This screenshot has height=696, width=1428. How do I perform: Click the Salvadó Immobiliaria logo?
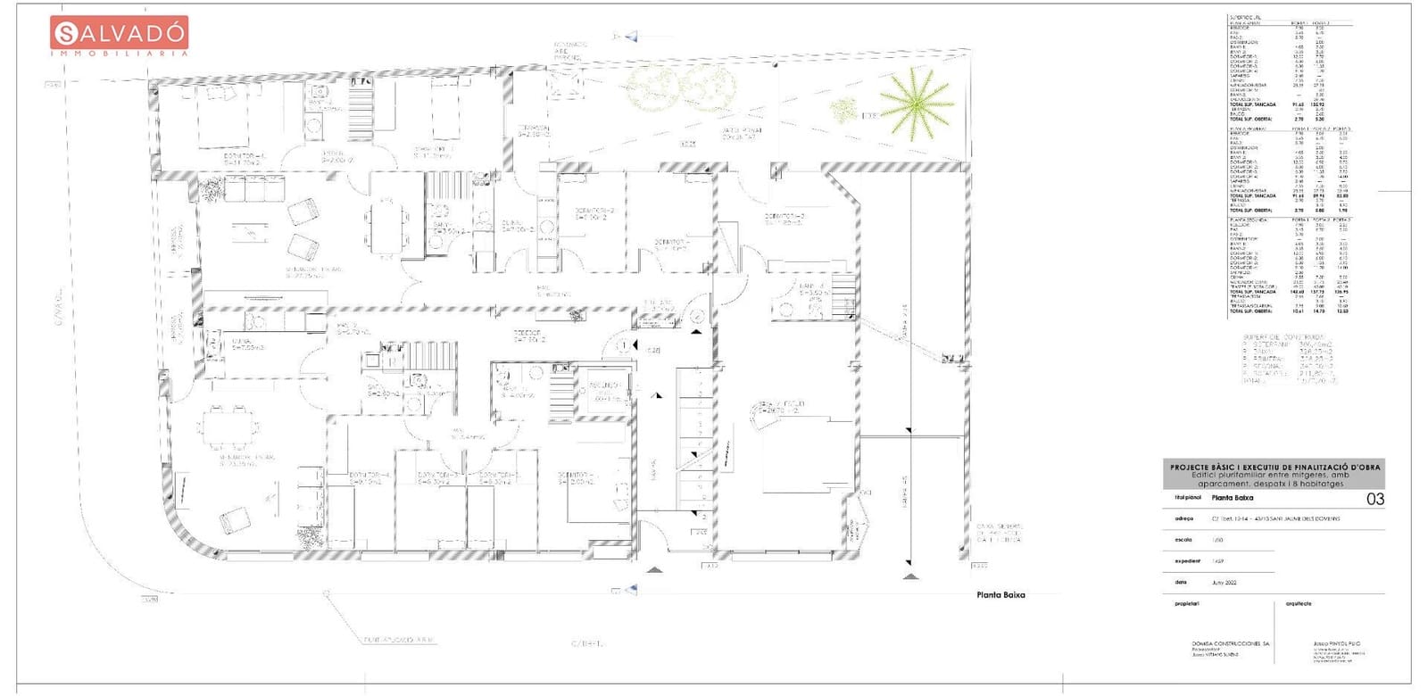[120, 37]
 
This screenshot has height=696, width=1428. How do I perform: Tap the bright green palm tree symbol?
[917, 102]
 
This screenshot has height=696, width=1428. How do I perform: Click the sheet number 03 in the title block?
[1375, 499]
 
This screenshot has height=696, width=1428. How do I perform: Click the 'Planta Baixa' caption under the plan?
[1000, 595]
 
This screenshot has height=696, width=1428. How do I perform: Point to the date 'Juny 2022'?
[1223, 581]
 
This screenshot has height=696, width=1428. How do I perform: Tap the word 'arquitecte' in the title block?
[1299, 603]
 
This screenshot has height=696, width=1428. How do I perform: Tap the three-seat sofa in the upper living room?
[253, 188]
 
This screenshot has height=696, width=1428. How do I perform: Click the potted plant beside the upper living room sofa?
[212, 189]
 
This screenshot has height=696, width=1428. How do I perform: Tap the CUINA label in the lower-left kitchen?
[241, 343]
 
